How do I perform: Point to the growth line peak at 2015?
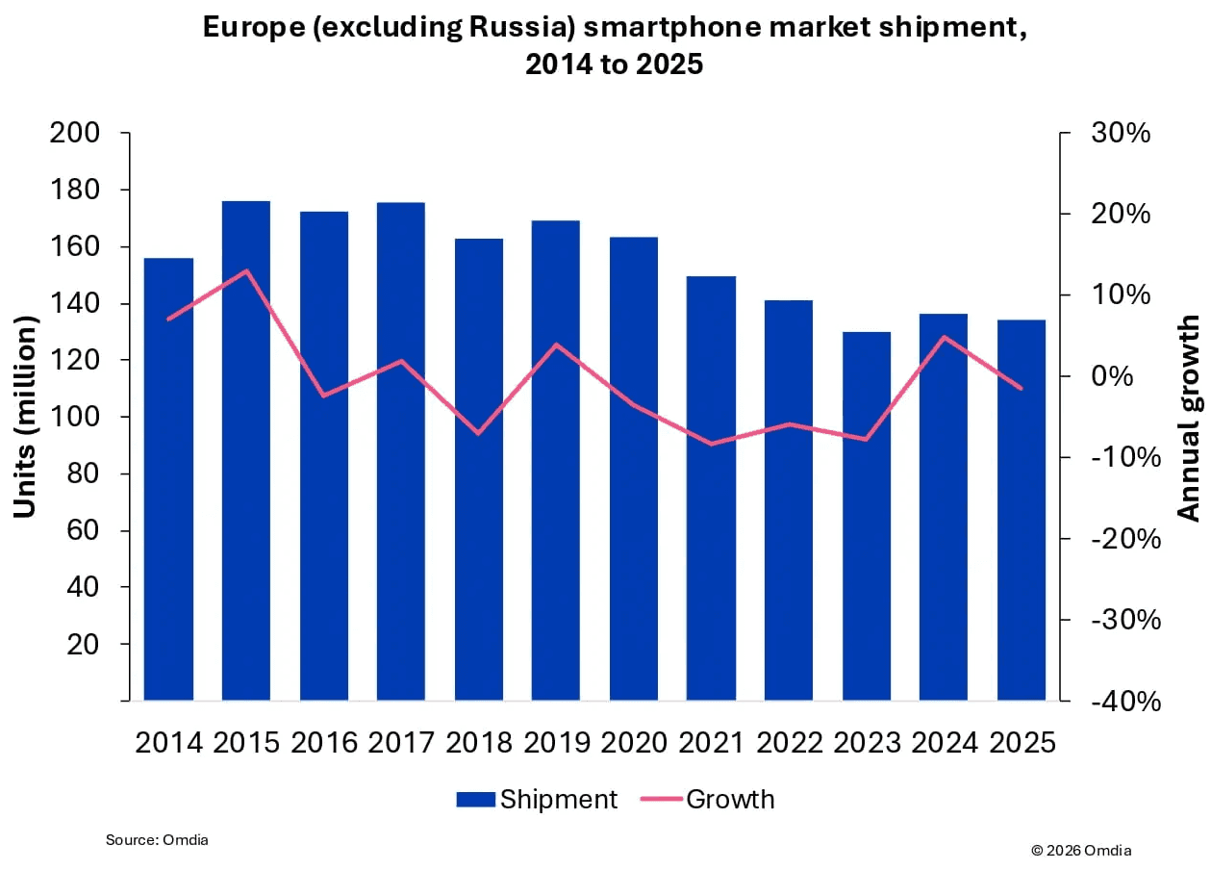point(246,270)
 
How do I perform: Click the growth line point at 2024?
point(945,337)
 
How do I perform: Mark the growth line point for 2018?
point(479,433)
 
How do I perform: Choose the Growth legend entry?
point(716,799)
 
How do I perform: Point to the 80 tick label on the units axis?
point(84,473)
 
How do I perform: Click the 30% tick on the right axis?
point(1121,133)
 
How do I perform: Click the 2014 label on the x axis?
point(168,742)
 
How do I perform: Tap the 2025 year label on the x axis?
point(1022,742)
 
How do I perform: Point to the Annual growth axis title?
point(1190,417)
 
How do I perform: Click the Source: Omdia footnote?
point(157,840)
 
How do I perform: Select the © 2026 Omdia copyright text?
point(1081,850)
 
